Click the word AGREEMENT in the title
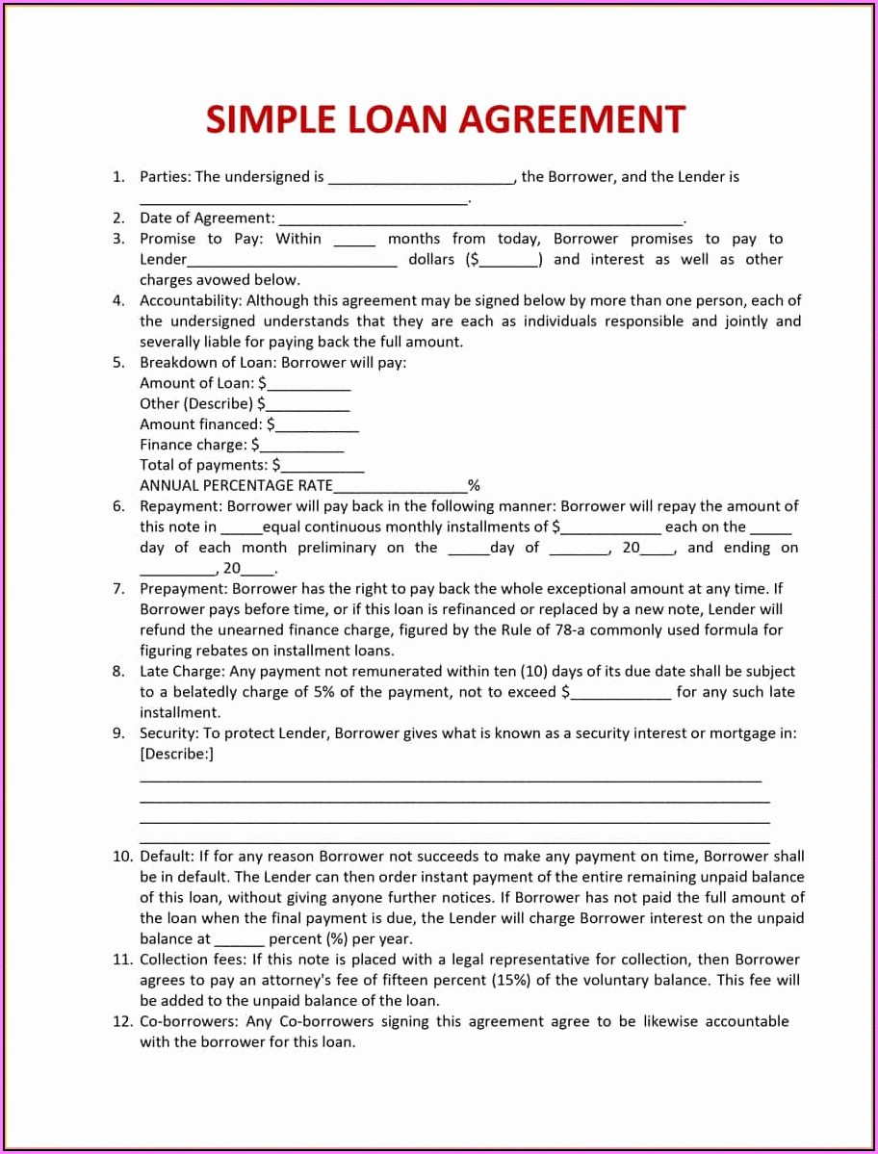coord(571,119)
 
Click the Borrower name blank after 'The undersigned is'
coord(422,178)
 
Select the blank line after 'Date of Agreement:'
coord(479,219)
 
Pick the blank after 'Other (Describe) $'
coord(308,405)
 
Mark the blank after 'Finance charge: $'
coord(301,447)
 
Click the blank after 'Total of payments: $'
coord(323,467)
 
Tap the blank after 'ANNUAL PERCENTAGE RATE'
coord(400,487)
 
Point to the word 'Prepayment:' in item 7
coord(184,588)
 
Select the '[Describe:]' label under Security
coord(176,754)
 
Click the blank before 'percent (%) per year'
coord(239,939)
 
